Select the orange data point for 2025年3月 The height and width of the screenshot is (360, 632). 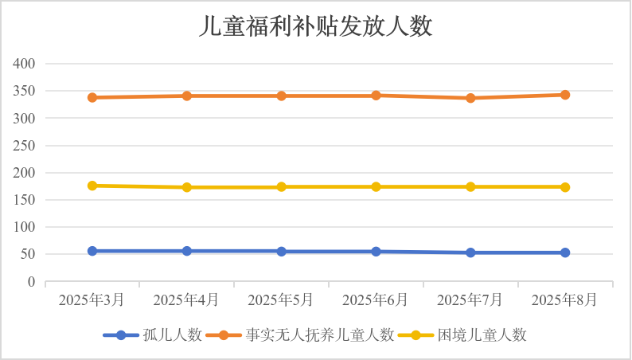coord(92,97)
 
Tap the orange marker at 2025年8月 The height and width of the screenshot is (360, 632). coord(565,95)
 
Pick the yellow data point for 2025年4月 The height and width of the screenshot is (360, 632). coord(187,187)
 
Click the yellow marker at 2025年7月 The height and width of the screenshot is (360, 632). coord(470,186)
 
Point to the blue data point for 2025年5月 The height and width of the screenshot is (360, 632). coord(282,251)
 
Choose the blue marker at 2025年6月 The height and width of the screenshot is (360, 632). coord(376,251)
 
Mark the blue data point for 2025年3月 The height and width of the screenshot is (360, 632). coord(92,251)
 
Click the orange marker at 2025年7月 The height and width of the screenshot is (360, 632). coord(470,98)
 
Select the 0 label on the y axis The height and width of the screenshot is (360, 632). coord(32,282)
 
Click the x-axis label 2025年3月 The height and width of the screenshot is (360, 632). coord(92,300)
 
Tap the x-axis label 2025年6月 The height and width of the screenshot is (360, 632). coord(376,300)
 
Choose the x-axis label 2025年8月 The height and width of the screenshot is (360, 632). coord(565,300)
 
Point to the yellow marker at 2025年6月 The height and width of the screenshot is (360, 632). coord(376,186)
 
